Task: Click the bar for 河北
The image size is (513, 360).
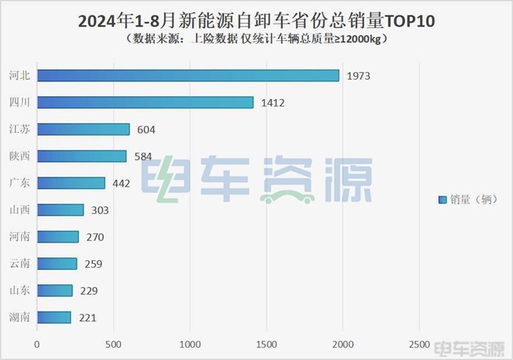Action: point(188,76)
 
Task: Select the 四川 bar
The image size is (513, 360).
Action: point(145,103)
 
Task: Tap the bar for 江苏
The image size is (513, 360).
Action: point(83,129)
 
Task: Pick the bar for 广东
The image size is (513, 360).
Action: point(70,183)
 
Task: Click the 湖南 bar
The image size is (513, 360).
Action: point(53,317)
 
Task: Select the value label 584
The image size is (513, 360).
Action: point(143,156)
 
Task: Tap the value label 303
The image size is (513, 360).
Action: point(100,210)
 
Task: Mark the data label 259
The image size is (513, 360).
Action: point(93,264)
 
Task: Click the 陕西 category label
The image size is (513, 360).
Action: point(21,156)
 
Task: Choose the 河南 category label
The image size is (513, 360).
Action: point(21,237)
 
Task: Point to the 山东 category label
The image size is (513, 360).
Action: point(21,291)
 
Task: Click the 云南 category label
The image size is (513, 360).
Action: point(21,264)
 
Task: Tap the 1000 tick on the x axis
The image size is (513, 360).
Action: point(189,343)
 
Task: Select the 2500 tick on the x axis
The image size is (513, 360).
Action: point(418,343)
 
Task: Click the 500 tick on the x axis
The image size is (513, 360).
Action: point(113,343)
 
